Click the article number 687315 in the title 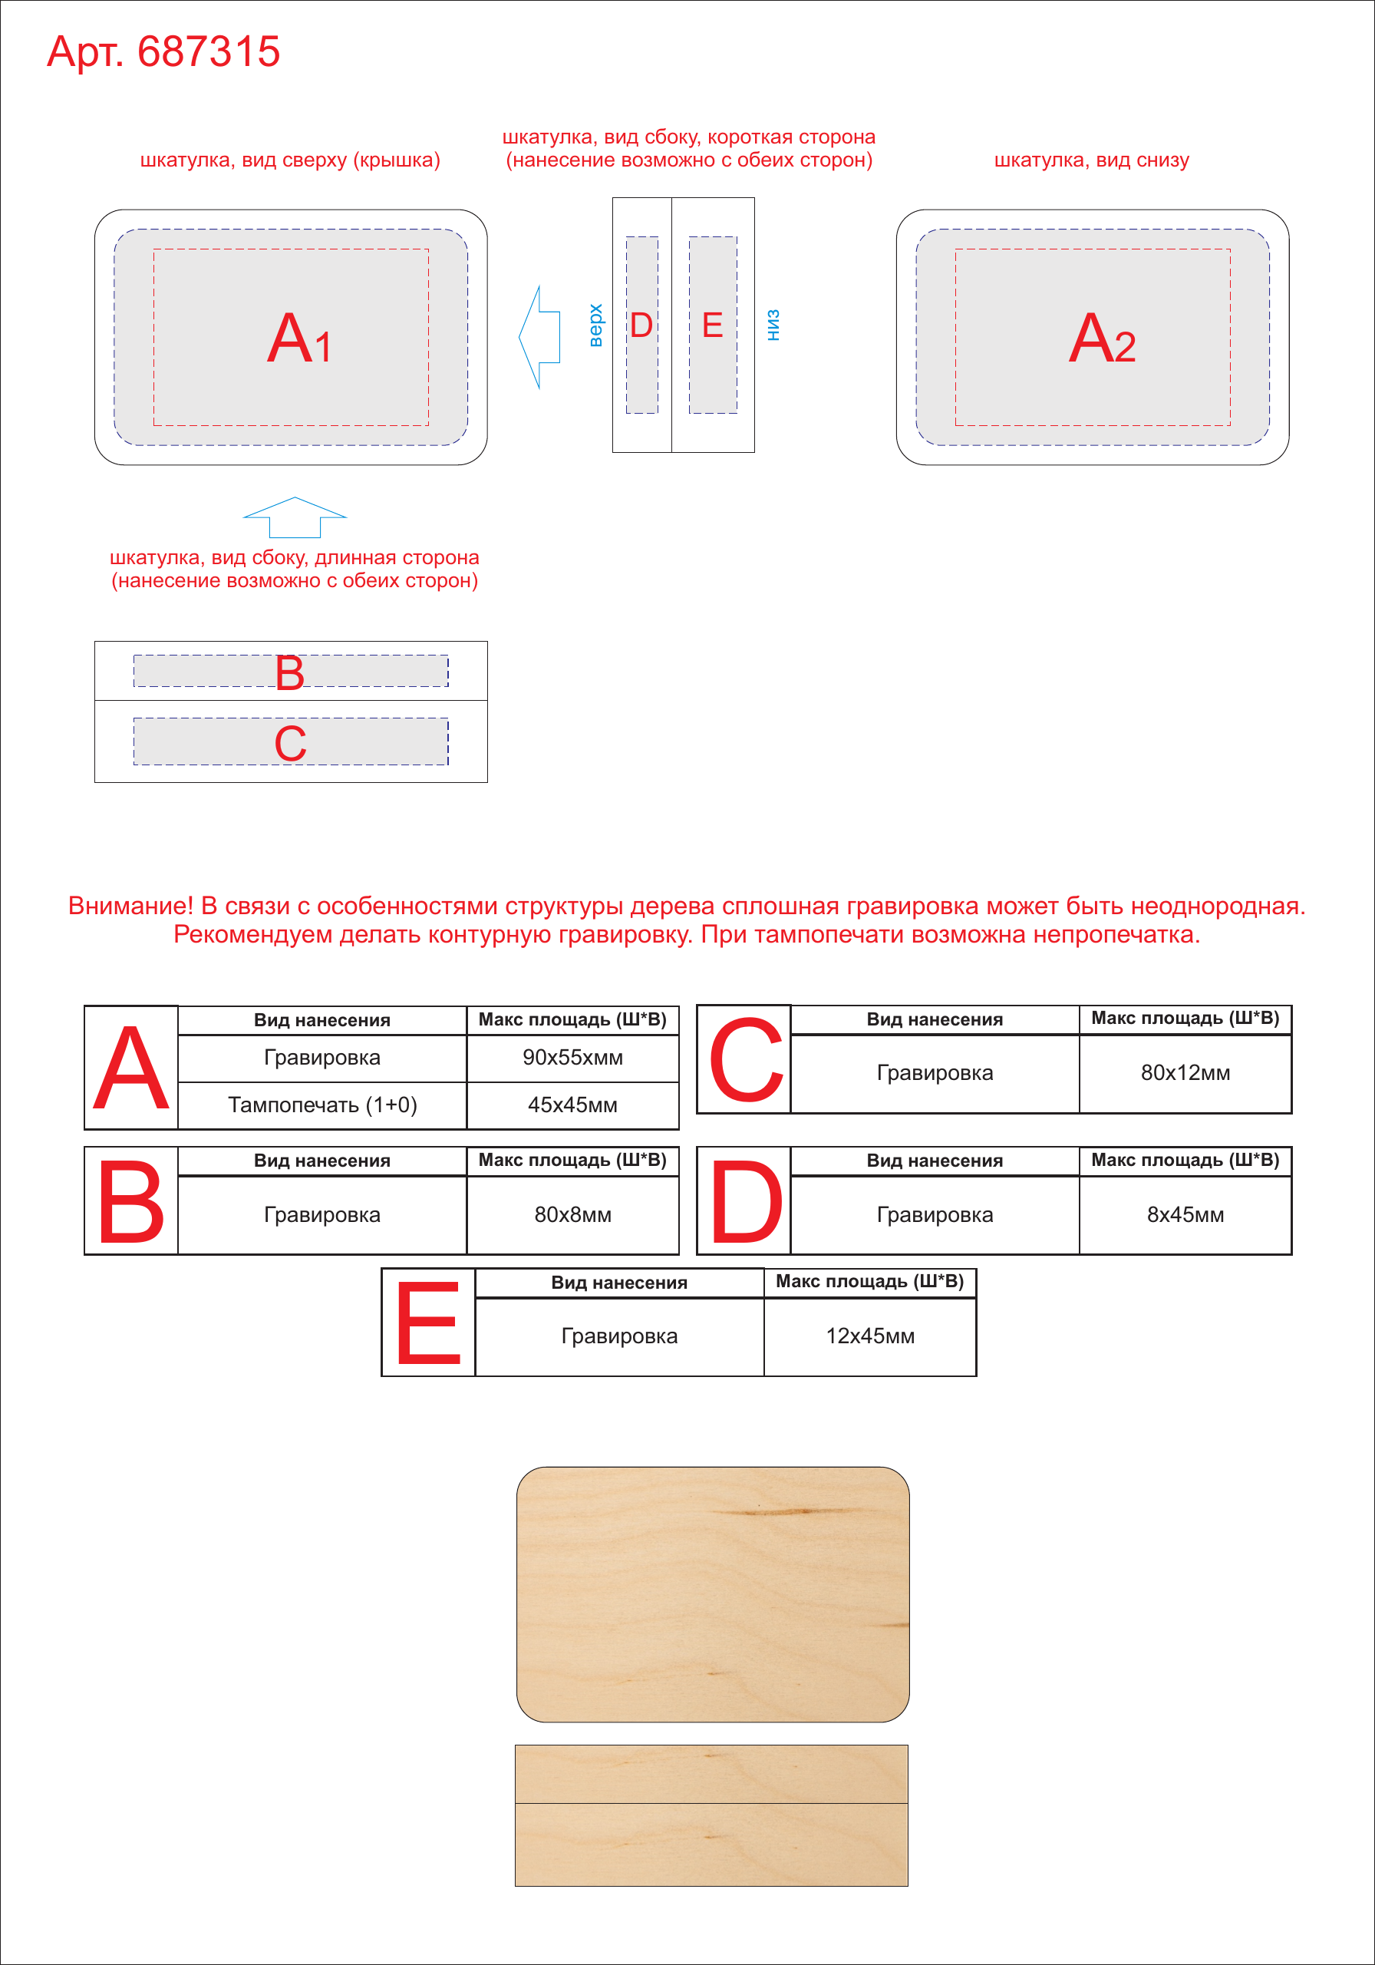coord(209,51)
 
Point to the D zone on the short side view coord(641,325)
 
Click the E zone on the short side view coord(713,325)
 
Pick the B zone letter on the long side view coord(290,672)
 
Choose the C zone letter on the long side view coord(291,743)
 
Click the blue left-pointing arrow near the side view coord(539,337)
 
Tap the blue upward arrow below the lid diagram coord(295,517)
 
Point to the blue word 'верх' coord(595,325)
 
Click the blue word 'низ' coord(773,325)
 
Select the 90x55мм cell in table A coord(572,1058)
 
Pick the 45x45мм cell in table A coord(572,1105)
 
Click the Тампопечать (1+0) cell coord(322,1105)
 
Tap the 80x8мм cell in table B coord(572,1214)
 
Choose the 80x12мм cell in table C coord(1185,1072)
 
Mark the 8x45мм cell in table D coord(1185,1214)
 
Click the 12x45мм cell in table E coord(870,1336)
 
